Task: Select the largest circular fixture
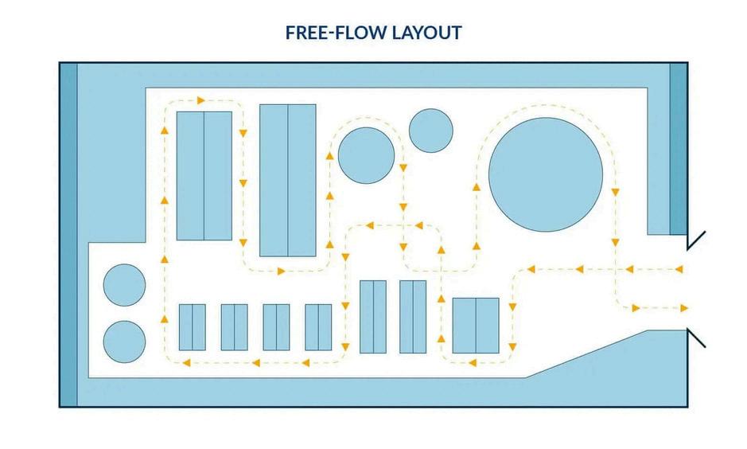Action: [x=545, y=173]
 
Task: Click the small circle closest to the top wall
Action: [x=430, y=131]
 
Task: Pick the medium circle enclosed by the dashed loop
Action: [x=366, y=154]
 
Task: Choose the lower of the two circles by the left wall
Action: [x=125, y=342]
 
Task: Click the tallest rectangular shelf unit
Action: [x=287, y=180]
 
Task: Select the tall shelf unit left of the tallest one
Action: [x=204, y=176]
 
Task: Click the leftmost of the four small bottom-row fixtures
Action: [x=192, y=326]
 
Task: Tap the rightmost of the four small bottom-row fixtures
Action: [x=317, y=326]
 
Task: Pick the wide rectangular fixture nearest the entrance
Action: [x=476, y=325]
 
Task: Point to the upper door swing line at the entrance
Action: [x=696, y=238]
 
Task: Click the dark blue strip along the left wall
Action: [x=69, y=235]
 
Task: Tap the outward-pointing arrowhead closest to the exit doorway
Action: [x=683, y=307]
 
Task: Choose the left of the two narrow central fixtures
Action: [x=372, y=316]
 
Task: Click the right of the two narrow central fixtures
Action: [x=413, y=316]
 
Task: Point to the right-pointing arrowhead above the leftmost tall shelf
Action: [x=201, y=100]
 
